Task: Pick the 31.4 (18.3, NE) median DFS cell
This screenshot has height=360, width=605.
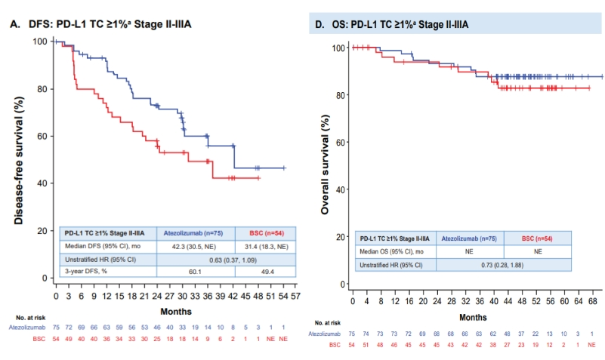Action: click(x=267, y=246)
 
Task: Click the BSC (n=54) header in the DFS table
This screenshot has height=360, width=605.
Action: click(x=267, y=232)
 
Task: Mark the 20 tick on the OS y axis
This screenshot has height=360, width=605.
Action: click(x=342, y=237)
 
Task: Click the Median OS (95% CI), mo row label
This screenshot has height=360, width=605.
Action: click(x=390, y=252)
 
